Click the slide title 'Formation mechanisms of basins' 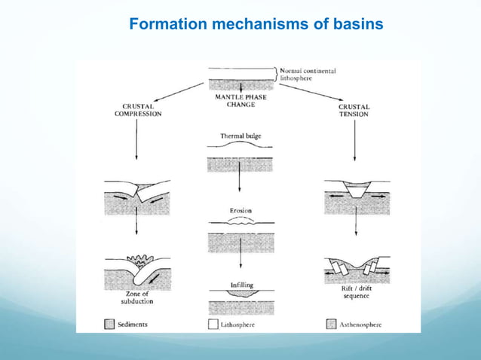[256, 25]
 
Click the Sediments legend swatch [109, 325]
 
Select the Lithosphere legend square [213, 325]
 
